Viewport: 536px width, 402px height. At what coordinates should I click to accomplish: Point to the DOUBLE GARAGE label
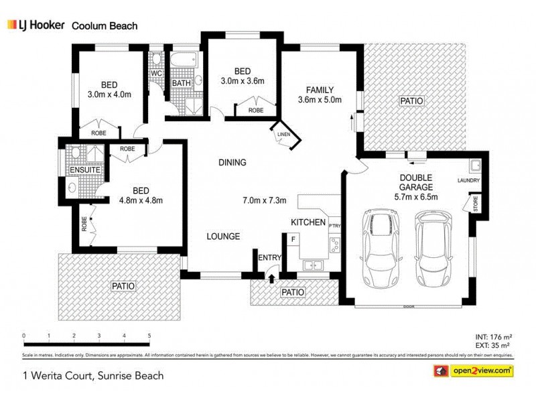(416, 182)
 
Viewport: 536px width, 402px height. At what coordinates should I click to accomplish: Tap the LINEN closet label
(283, 136)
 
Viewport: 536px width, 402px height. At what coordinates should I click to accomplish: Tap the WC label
(155, 73)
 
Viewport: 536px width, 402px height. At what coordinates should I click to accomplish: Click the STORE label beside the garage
(475, 204)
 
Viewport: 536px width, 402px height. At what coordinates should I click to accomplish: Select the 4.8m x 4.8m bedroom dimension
(141, 200)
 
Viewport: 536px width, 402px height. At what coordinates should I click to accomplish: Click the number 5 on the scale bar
(149, 336)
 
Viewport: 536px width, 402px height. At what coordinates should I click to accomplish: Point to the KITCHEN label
(308, 222)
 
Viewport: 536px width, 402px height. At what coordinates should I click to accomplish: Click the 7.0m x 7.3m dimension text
(264, 200)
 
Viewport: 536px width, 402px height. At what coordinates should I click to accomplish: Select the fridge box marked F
(293, 238)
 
